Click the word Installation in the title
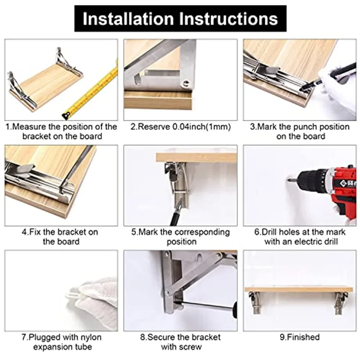coord(128,18)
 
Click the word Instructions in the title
coord(229,18)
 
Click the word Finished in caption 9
coord(303,337)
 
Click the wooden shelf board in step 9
coord(298,289)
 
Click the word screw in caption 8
coord(191,346)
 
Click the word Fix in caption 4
coord(35,232)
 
